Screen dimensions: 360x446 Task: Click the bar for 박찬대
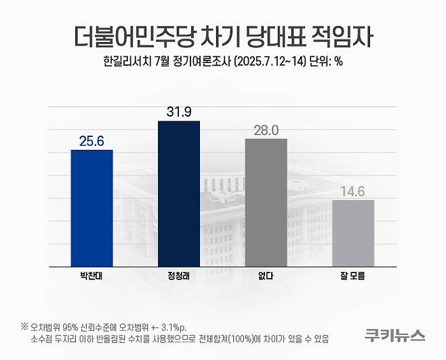pyautogui.click(x=92, y=208)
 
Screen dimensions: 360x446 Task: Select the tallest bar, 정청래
pyautogui.click(x=179, y=194)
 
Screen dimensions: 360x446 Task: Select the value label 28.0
pyautogui.click(x=266, y=129)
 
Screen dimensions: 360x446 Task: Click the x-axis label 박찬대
pyautogui.click(x=92, y=277)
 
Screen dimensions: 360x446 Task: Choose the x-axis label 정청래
pyautogui.click(x=179, y=277)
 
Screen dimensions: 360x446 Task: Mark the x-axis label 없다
pyautogui.click(x=266, y=277)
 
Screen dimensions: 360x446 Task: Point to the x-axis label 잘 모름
pyautogui.click(x=353, y=277)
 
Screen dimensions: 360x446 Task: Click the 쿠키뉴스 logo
pyautogui.click(x=394, y=334)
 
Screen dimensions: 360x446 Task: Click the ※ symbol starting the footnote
pyautogui.click(x=24, y=326)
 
